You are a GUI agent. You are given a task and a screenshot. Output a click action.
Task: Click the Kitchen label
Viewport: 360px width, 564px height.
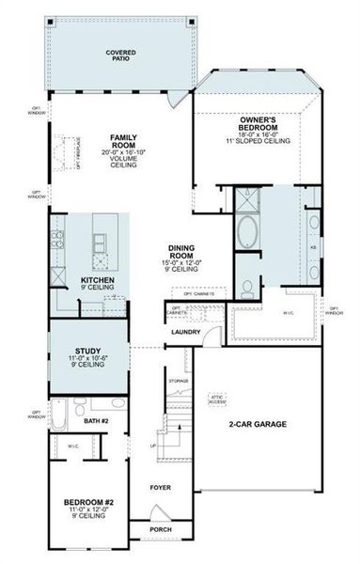pyautogui.click(x=99, y=280)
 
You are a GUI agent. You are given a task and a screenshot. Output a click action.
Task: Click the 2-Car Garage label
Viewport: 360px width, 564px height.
pyautogui.click(x=257, y=425)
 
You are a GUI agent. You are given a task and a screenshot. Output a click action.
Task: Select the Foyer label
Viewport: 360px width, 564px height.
pyautogui.click(x=161, y=488)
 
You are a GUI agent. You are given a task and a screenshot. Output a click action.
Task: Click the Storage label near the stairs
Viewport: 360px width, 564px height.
pyautogui.click(x=178, y=381)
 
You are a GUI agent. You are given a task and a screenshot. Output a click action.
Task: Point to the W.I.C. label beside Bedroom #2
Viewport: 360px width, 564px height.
pyautogui.click(x=72, y=445)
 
